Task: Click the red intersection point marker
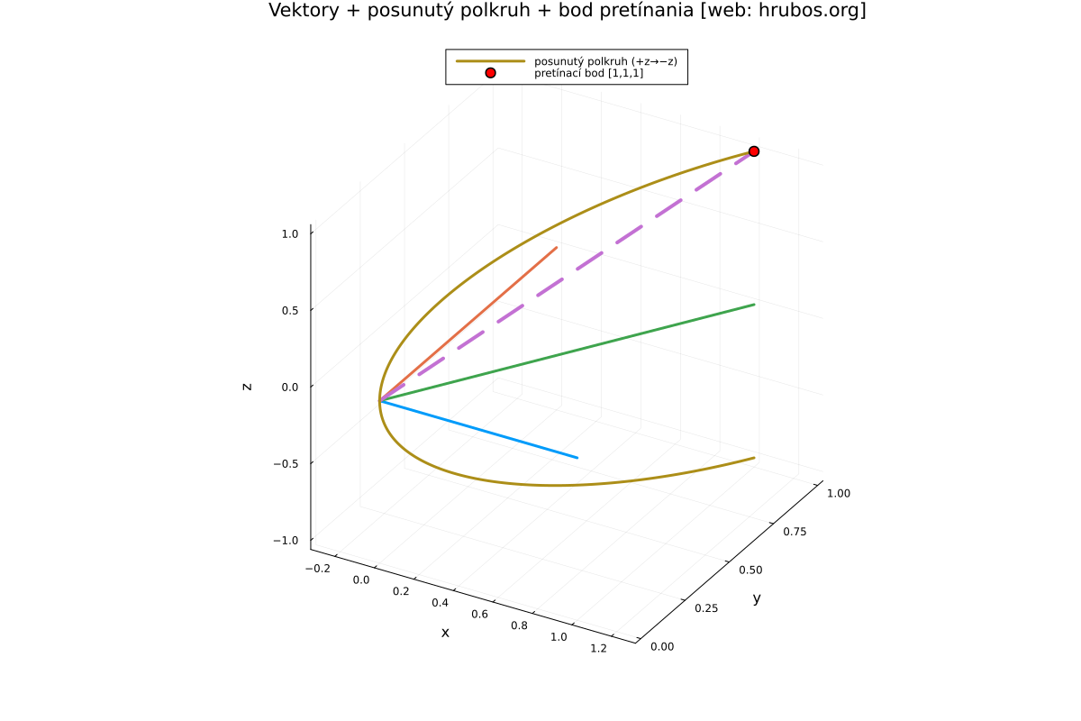click(754, 151)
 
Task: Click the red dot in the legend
click(490, 73)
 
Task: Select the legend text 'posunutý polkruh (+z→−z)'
click(604, 61)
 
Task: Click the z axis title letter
click(247, 386)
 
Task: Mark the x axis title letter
click(445, 633)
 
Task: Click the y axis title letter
click(757, 598)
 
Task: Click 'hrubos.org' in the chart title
click(813, 11)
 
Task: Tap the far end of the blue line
click(577, 458)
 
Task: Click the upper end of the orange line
click(557, 247)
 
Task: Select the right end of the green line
click(754, 305)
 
